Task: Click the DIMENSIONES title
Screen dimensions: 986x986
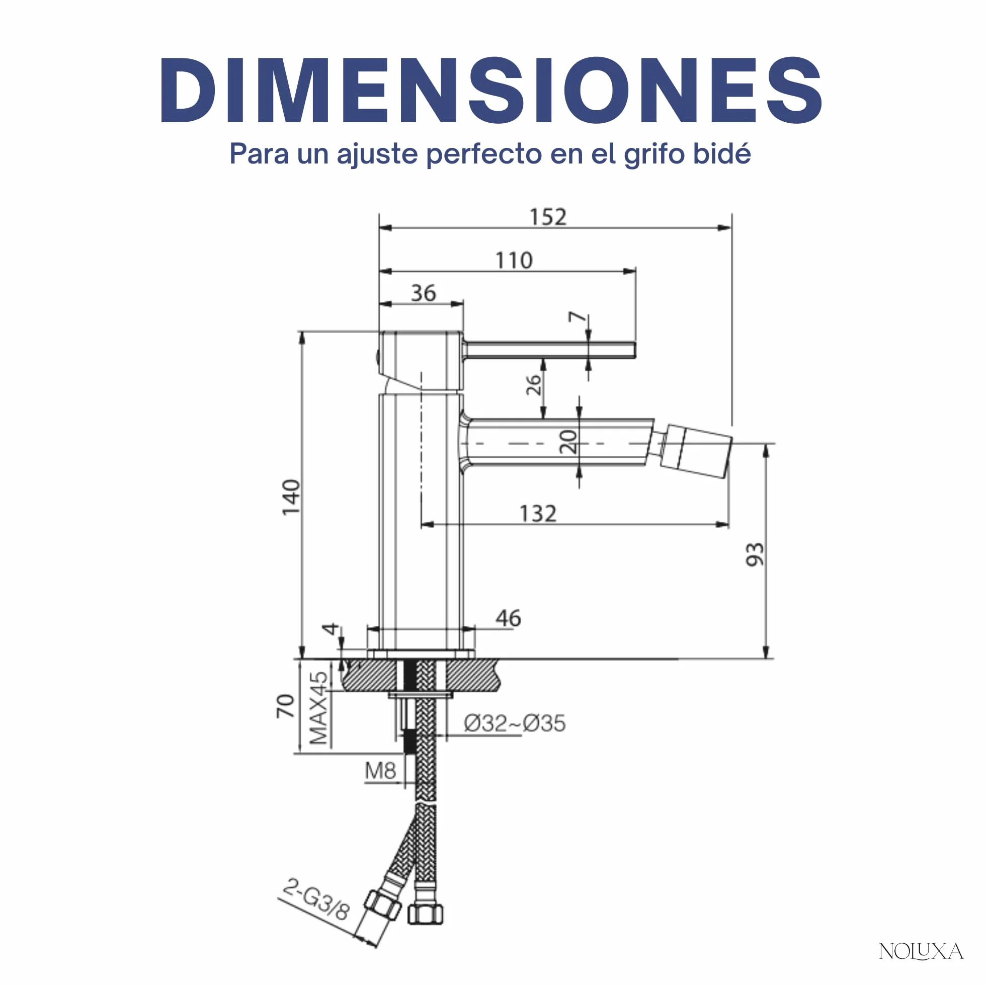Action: coord(491,91)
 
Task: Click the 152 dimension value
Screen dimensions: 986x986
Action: coord(548,217)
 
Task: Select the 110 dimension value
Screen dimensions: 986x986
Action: coord(514,260)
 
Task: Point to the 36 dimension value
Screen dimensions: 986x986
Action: coord(424,293)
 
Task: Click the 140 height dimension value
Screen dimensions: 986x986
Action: coord(291,497)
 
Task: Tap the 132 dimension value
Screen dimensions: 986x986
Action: coord(538,514)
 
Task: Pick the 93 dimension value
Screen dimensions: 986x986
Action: coord(755,554)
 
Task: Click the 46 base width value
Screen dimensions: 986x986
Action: coord(508,618)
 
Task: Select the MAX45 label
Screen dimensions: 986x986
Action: coord(318,708)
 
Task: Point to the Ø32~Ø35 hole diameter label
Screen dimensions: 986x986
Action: coord(515,723)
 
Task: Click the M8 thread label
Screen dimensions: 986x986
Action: coord(380,771)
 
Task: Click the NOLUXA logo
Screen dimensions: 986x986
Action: coord(921,951)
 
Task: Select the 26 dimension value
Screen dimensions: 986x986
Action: coord(533,385)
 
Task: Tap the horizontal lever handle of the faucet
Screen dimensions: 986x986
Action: coord(549,350)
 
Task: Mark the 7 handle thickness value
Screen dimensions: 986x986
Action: coord(577,317)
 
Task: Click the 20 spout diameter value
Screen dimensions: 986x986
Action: coord(568,442)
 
